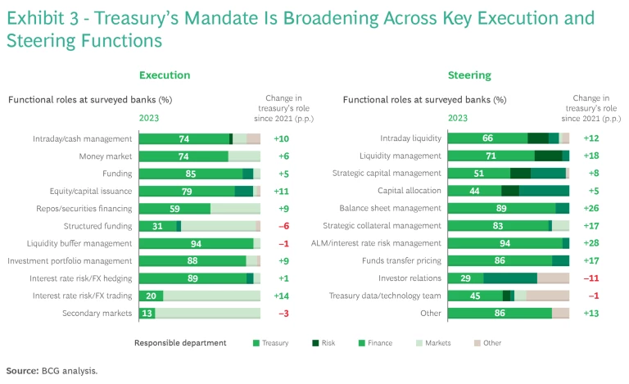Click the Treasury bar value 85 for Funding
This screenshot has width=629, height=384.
[190, 174]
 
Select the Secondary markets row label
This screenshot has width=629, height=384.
[97, 314]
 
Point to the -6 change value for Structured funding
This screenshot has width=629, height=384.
[281, 226]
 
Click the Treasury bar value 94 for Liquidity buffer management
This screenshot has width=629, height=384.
[196, 243]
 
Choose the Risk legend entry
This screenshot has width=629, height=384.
[336, 343]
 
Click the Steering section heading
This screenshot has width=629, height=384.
[469, 75]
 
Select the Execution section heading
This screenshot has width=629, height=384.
[165, 75]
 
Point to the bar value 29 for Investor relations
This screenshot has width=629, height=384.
[465, 278]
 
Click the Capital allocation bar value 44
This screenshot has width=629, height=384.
[474, 191]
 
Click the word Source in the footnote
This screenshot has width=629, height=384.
[22, 370]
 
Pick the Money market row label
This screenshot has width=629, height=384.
[106, 156]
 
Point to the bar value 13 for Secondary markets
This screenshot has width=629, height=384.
[147, 314]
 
